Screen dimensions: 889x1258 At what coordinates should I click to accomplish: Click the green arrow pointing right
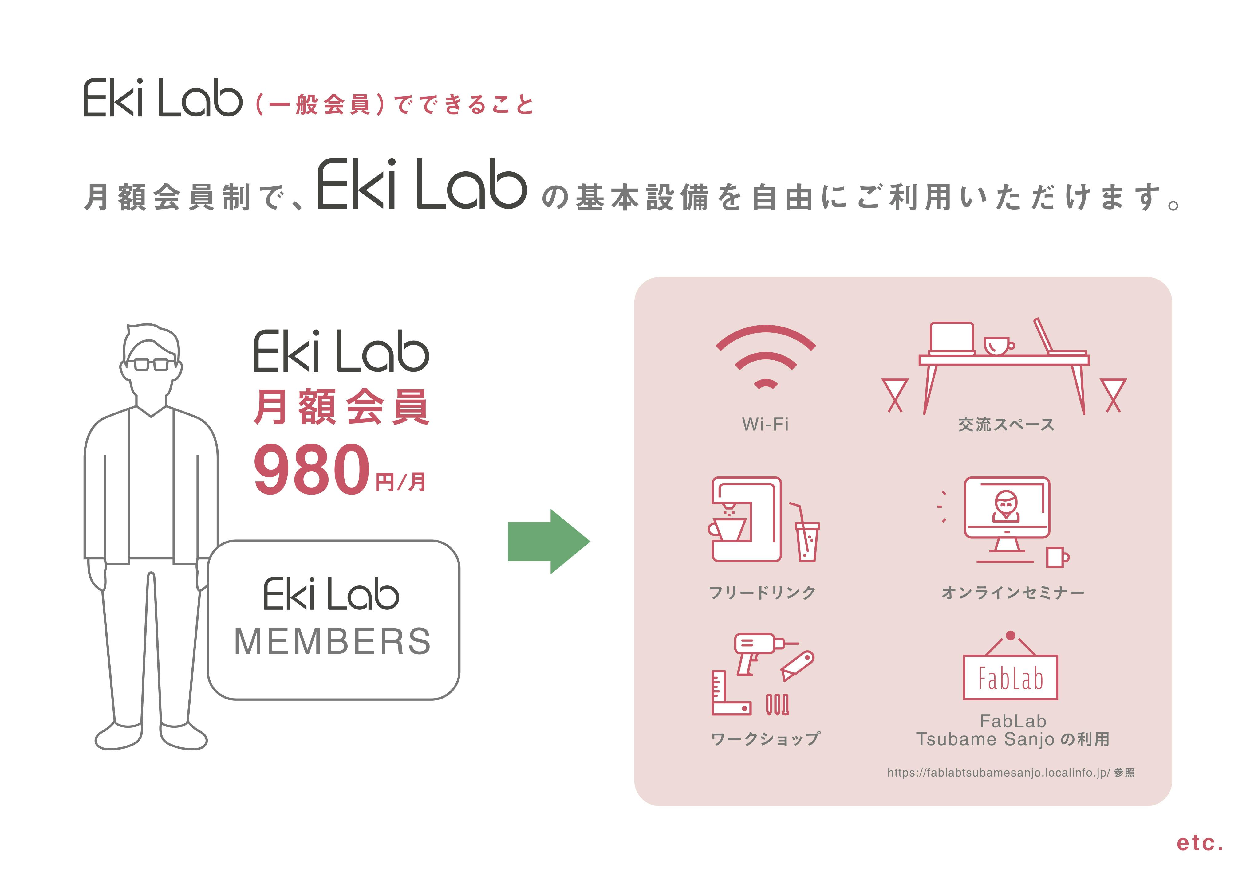(x=548, y=541)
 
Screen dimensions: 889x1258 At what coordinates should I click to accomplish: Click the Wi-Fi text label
(x=765, y=424)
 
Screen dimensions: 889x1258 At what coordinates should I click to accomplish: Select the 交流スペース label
(x=1006, y=425)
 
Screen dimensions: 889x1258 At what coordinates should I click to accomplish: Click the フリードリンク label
(x=762, y=592)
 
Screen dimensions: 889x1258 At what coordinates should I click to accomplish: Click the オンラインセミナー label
(x=1012, y=593)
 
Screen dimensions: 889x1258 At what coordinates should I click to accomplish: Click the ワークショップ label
(x=765, y=739)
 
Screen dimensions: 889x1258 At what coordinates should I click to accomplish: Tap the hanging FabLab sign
(x=1010, y=677)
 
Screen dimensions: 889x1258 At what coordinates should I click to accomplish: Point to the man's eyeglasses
(x=151, y=364)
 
